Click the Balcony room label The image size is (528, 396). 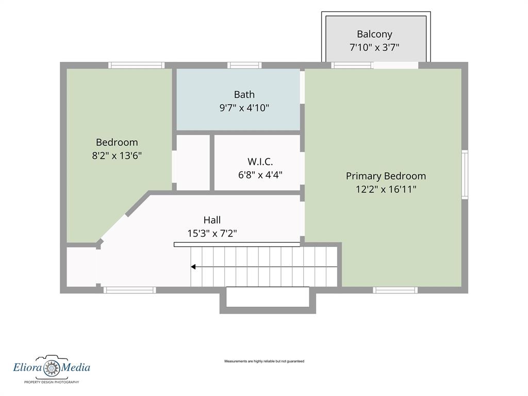pyautogui.click(x=374, y=35)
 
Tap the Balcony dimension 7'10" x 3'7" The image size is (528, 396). pyautogui.click(x=374, y=47)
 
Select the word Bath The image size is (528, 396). pyautogui.click(x=244, y=94)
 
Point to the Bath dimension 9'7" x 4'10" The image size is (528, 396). pyautogui.click(x=244, y=108)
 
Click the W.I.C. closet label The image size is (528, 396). pyautogui.click(x=260, y=161)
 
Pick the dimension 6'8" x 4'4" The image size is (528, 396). pyautogui.click(x=260, y=175)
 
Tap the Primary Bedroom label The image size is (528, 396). pyautogui.click(x=386, y=176)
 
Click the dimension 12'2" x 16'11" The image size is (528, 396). pyautogui.click(x=386, y=189)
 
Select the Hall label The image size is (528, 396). pyautogui.click(x=212, y=220)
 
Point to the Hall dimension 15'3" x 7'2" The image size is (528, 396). pyautogui.click(x=212, y=234)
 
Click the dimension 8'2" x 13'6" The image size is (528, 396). pyautogui.click(x=117, y=156)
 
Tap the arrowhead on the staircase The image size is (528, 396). pyautogui.click(x=193, y=267)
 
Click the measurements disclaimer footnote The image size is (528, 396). pyautogui.click(x=265, y=361)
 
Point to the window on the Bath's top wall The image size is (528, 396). pyautogui.click(x=244, y=65)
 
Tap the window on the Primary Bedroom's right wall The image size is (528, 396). pyautogui.click(x=465, y=174)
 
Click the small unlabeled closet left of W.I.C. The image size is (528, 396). pyautogui.click(x=193, y=162)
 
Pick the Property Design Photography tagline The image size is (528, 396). pyautogui.click(x=52, y=382)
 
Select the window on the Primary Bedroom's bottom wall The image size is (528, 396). pyautogui.click(x=395, y=290)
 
